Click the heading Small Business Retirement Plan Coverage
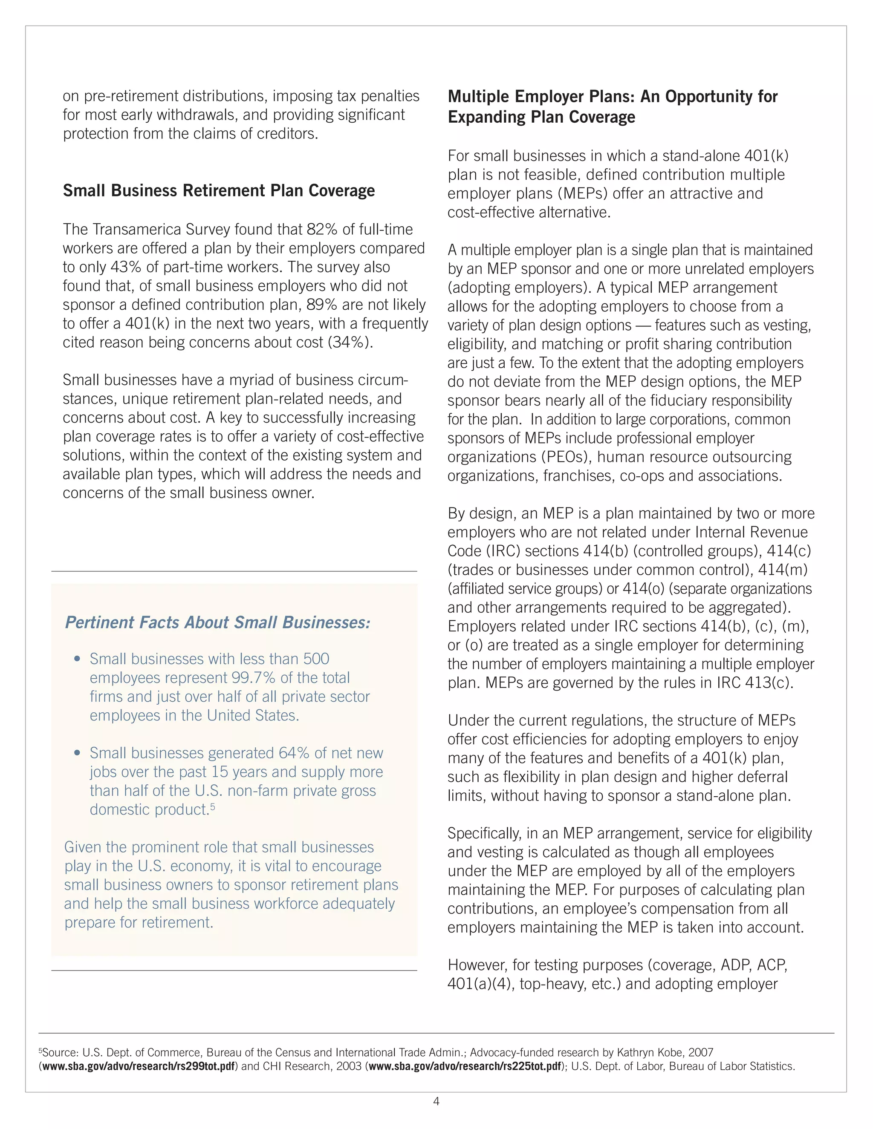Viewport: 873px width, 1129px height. [x=219, y=191]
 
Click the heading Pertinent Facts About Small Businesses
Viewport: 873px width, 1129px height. [x=217, y=622]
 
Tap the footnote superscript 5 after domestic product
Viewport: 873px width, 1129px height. [x=213, y=806]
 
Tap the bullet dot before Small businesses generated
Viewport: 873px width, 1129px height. [x=77, y=753]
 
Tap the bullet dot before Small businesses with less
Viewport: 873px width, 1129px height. [x=77, y=659]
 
